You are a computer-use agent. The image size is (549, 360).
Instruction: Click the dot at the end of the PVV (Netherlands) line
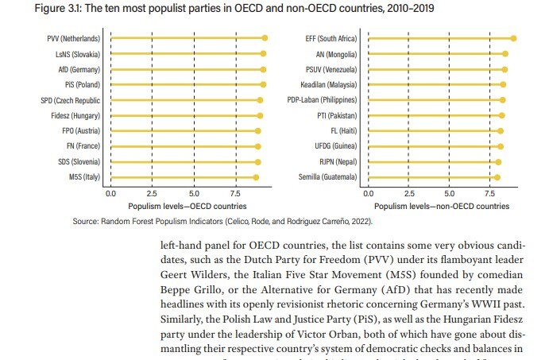point(265,38)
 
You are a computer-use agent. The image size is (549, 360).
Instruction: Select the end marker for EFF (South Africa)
point(514,38)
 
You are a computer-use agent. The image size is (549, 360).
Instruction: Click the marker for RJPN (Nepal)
point(498,161)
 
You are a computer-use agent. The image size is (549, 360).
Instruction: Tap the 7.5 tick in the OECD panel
point(235,193)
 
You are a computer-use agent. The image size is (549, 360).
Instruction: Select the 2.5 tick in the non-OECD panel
point(409,193)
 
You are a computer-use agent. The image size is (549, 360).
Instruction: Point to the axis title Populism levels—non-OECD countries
point(442,205)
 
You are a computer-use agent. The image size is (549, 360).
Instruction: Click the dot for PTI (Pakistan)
point(501,115)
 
